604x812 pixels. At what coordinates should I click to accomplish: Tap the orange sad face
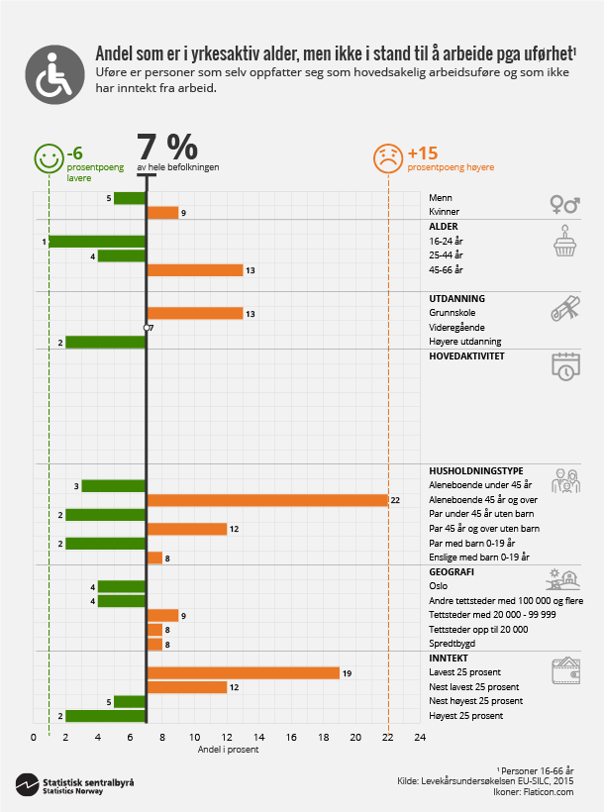(387, 158)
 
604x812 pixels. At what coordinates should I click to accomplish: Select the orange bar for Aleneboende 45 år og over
(267, 500)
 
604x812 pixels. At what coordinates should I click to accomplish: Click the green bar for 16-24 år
(97, 241)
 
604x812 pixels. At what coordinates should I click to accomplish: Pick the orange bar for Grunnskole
(195, 313)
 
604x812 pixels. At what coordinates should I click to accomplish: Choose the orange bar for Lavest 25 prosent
(244, 672)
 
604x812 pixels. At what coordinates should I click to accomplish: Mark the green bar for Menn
(130, 198)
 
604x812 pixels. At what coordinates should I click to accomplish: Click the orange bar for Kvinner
(162, 212)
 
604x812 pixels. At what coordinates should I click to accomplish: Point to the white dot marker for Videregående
(146, 327)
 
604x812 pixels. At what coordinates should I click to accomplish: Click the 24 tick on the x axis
(420, 738)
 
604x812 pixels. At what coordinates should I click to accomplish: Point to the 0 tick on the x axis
(34, 738)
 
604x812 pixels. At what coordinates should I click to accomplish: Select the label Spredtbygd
(451, 644)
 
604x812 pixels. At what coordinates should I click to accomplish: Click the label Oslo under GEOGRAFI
(439, 586)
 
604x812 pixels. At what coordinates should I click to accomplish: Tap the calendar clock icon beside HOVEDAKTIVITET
(564, 365)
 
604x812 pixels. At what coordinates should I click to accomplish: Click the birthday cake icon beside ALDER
(564, 241)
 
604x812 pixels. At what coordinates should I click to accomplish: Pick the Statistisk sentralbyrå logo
(74, 784)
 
